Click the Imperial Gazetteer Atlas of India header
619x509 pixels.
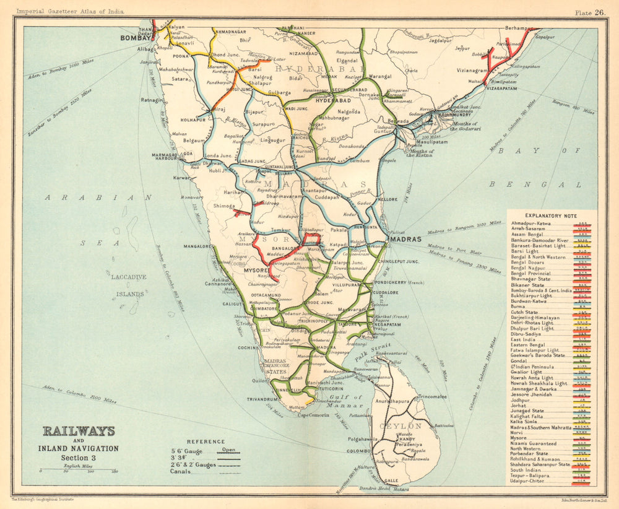[x=71, y=12]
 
